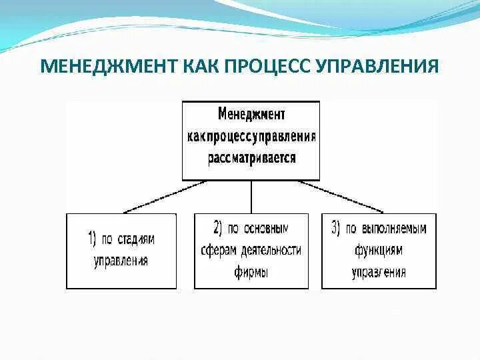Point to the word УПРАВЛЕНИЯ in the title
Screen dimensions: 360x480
point(382,67)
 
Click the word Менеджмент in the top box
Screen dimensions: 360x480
point(251,115)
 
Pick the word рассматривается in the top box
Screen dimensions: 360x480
point(251,159)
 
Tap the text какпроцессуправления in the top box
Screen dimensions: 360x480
point(251,137)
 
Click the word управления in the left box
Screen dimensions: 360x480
point(121,260)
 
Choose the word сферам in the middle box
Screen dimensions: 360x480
point(218,250)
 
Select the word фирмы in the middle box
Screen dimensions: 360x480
point(251,272)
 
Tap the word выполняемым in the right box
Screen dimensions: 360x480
point(394,228)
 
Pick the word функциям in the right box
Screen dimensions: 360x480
point(379,250)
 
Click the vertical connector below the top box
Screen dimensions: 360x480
point(251,197)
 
